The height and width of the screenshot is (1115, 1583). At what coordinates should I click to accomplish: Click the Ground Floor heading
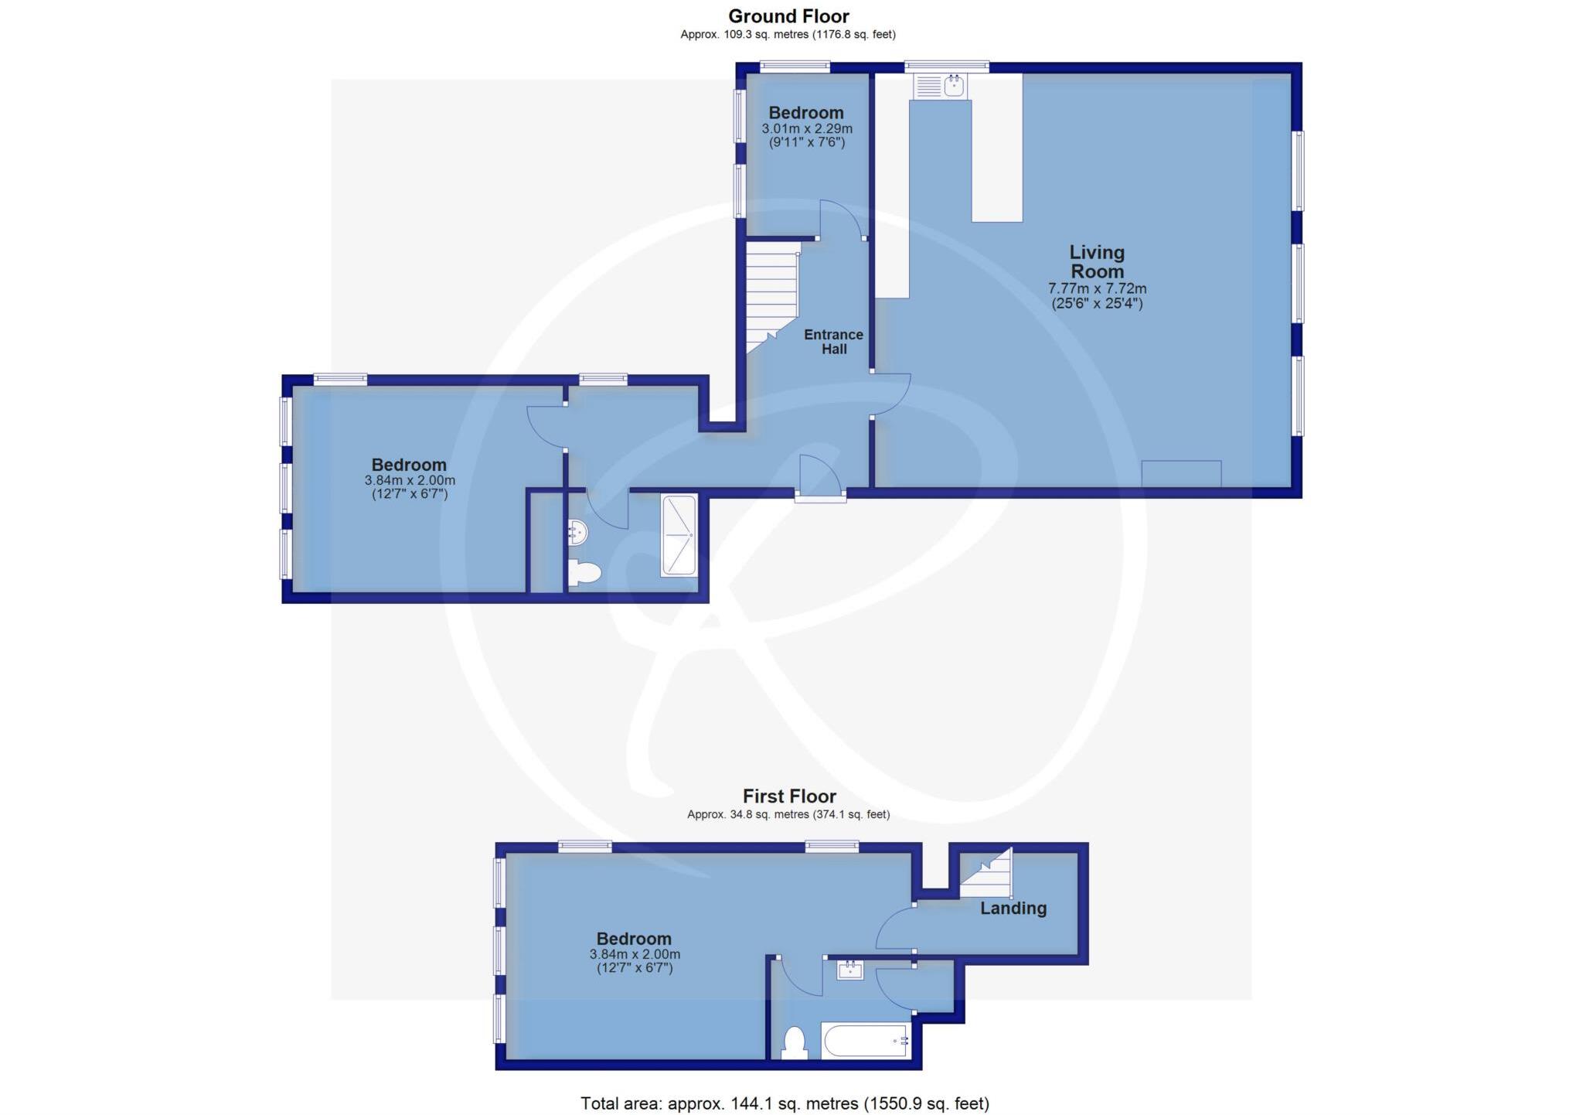[x=788, y=16]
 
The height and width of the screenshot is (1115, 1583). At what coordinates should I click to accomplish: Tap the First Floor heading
[x=789, y=796]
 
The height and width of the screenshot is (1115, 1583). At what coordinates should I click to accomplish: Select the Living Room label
[x=1096, y=262]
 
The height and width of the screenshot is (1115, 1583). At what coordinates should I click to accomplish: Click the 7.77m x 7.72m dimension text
[x=1096, y=288]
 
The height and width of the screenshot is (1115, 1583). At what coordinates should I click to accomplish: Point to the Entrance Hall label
[x=833, y=342]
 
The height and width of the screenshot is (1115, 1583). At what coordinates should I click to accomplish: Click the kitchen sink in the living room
[x=941, y=86]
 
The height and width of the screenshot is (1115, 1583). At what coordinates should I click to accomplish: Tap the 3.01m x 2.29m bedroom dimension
[x=807, y=128]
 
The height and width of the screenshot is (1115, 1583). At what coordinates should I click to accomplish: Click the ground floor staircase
[x=771, y=298]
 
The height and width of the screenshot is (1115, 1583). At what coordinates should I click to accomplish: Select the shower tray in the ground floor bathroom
[x=679, y=536]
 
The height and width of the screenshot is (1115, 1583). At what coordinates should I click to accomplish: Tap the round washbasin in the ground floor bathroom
[x=578, y=531]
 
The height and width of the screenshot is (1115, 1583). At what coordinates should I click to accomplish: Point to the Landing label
[x=1013, y=909]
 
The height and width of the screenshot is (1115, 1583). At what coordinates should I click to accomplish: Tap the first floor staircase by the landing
[x=987, y=875]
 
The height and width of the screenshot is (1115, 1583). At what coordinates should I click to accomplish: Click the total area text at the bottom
[x=785, y=1103]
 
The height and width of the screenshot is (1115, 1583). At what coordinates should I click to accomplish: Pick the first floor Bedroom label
[x=633, y=939]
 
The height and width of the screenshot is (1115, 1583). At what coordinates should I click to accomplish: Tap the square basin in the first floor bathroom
[x=850, y=970]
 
